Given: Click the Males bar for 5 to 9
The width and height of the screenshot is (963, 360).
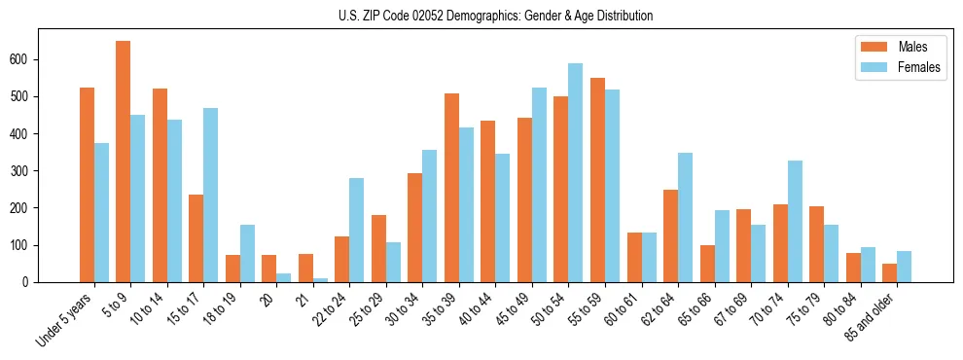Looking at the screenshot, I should pyautogui.click(x=124, y=162).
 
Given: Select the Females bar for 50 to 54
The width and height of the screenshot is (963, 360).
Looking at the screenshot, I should pyautogui.click(x=576, y=172).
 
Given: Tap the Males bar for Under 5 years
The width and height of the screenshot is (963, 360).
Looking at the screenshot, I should pyautogui.click(x=87, y=185).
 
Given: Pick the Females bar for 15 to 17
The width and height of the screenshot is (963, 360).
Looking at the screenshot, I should pyautogui.click(x=210, y=195).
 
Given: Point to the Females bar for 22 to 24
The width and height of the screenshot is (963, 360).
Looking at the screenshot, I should pyautogui.click(x=357, y=230).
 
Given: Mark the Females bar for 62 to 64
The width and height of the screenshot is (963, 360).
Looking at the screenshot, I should pyautogui.click(x=686, y=217).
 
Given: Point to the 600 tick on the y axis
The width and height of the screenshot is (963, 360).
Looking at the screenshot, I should pyautogui.click(x=39, y=59).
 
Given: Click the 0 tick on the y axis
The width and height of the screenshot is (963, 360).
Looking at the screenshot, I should pyautogui.click(x=39, y=281).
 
